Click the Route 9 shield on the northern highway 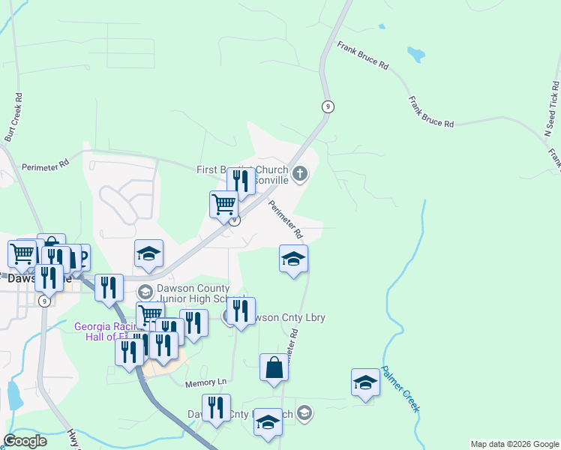click(327, 106)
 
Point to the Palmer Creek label click(400, 388)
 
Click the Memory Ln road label click(205, 383)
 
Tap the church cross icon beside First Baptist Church click(299, 175)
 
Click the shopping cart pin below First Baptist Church click(224, 203)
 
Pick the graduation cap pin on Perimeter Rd click(293, 259)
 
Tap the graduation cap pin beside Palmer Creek click(365, 382)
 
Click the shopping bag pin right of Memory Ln click(274, 367)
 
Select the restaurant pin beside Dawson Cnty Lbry click(241, 310)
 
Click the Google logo click(25, 441)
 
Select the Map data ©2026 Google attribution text click(514, 444)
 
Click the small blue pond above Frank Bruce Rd click(415, 54)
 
